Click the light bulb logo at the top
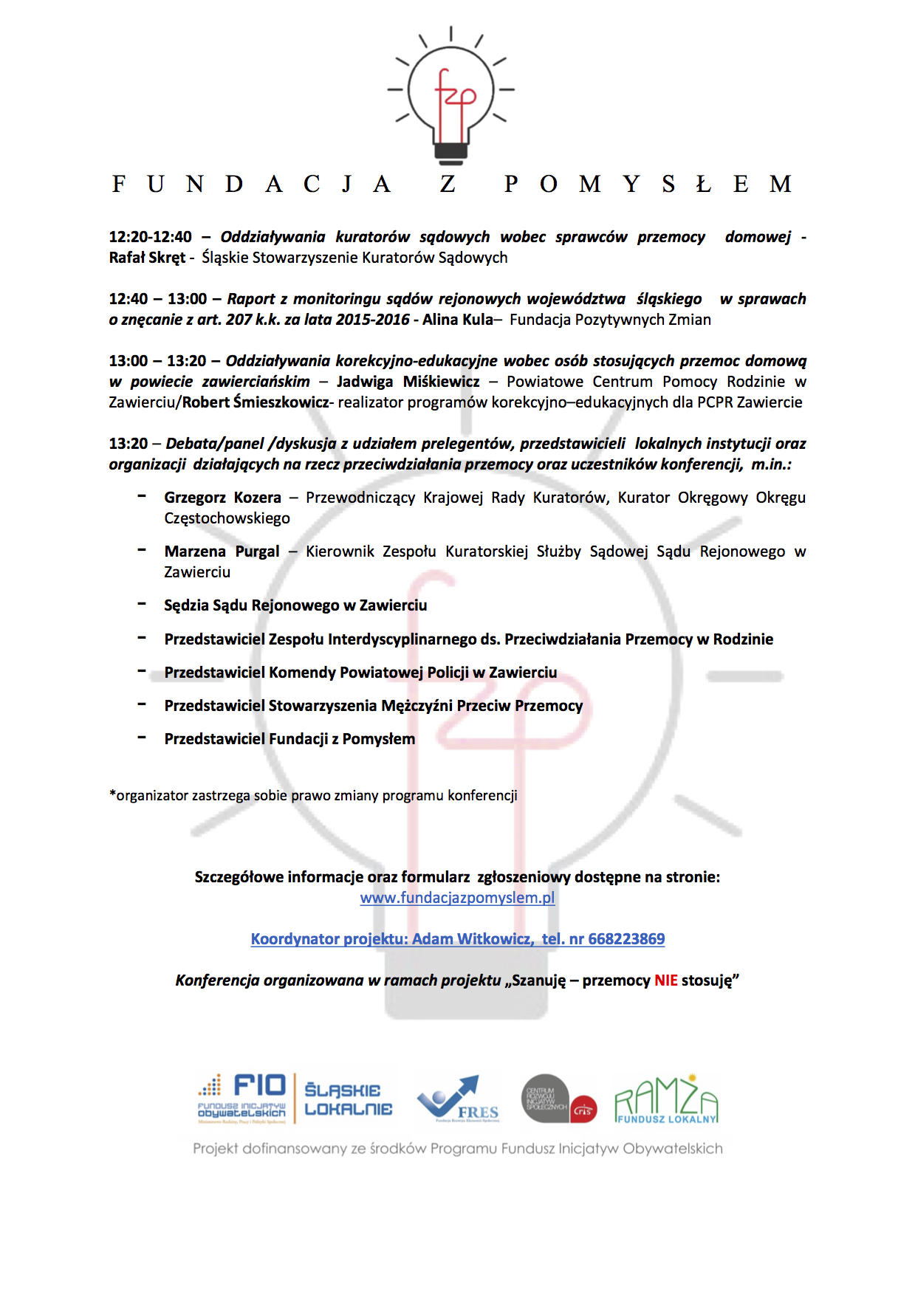coord(451,95)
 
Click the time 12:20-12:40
coord(150,237)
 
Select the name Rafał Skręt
coord(147,258)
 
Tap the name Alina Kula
coord(457,320)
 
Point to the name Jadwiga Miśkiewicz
coord(408,382)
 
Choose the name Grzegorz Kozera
coord(222,498)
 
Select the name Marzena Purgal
coord(222,552)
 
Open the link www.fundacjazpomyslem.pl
coord(457,898)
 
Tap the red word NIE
coord(665,980)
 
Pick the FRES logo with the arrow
coord(458,1098)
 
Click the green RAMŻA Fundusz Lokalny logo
coord(666,1099)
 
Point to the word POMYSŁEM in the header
coord(648,184)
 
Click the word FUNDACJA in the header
coord(251,184)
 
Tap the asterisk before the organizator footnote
coord(112,794)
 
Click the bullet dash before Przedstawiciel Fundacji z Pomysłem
coord(142,738)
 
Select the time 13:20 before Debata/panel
coord(128,444)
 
